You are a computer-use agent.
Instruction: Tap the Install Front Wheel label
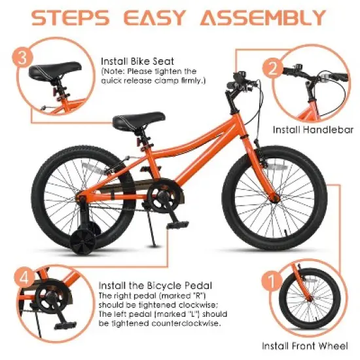pos(305,346)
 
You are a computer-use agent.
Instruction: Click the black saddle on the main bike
pos(129,120)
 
